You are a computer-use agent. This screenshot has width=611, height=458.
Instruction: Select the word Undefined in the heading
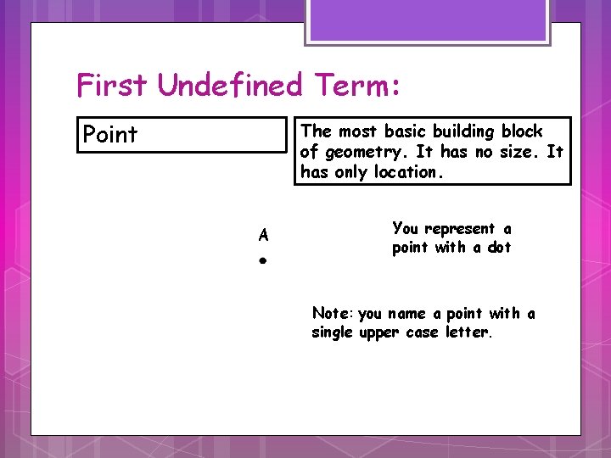[230, 86]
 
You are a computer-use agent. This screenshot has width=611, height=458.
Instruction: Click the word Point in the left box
[109, 135]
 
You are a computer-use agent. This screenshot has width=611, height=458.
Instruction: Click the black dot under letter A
[264, 262]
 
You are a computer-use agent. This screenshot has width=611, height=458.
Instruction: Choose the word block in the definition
[522, 131]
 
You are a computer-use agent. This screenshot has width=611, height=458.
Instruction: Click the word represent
[460, 229]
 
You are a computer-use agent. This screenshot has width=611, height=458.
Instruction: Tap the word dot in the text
[499, 248]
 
